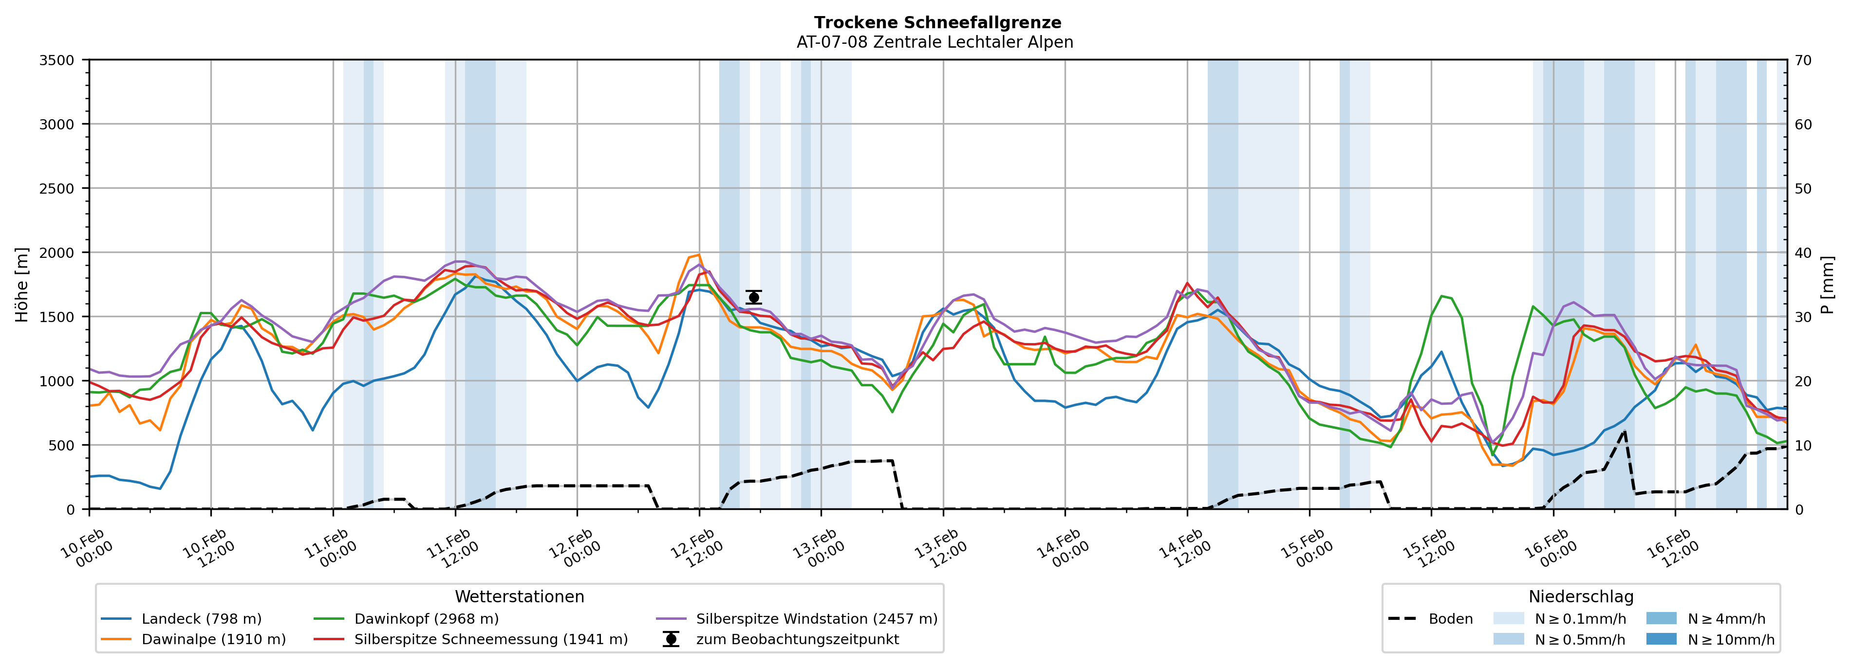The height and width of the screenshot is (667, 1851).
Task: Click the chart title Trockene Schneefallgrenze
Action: (x=937, y=23)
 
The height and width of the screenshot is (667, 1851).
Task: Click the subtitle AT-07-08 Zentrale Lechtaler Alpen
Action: (x=934, y=42)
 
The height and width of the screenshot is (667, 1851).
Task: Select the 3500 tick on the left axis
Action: (x=57, y=60)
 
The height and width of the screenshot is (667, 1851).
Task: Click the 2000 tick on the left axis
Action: (x=57, y=252)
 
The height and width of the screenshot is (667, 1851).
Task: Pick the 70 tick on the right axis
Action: (x=1803, y=60)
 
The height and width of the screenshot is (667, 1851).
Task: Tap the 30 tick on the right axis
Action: (x=1803, y=317)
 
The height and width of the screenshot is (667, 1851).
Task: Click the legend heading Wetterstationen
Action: (x=520, y=596)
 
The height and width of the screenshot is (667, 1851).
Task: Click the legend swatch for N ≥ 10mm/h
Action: (x=1661, y=639)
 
